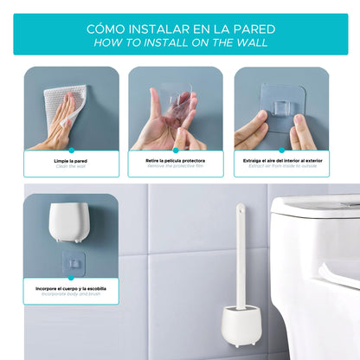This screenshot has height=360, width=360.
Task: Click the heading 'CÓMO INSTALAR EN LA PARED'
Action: click(180, 27)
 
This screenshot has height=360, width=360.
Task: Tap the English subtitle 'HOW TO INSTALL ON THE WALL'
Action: click(180, 42)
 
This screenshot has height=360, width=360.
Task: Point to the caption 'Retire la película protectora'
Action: click(176, 160)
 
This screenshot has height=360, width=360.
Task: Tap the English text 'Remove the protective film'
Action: click(176, 165)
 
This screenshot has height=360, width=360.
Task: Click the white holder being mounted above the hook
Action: click(66, 223)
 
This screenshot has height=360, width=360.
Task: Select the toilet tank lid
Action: click(315, 208)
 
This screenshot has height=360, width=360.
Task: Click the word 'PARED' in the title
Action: click(246, 27)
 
